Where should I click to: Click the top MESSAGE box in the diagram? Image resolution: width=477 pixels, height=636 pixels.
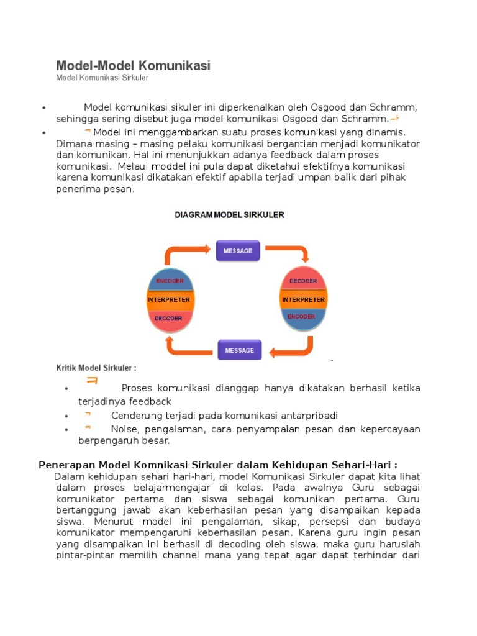(238, 251)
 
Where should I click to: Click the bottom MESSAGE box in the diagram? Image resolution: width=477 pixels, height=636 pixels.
(240, 350)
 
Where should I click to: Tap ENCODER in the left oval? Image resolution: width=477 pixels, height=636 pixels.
(170, 281)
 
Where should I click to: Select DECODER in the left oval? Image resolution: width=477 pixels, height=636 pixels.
(168, 319)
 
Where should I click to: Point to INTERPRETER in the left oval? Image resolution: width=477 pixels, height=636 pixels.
(168, 299)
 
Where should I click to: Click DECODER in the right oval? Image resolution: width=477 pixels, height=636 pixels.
(303, 281)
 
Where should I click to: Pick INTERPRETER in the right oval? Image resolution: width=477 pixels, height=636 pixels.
(303, 299)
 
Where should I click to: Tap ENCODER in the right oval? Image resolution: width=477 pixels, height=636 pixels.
(301, 317)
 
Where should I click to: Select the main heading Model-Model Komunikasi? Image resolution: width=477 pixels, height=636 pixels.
(133, 65)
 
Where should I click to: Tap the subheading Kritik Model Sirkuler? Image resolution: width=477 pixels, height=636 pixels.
(96, 368)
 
